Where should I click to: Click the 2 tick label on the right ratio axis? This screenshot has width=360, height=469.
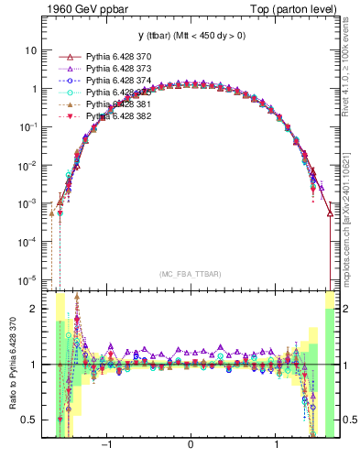[346, 309]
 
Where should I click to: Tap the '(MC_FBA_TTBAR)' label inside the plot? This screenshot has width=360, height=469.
[190, 274]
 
